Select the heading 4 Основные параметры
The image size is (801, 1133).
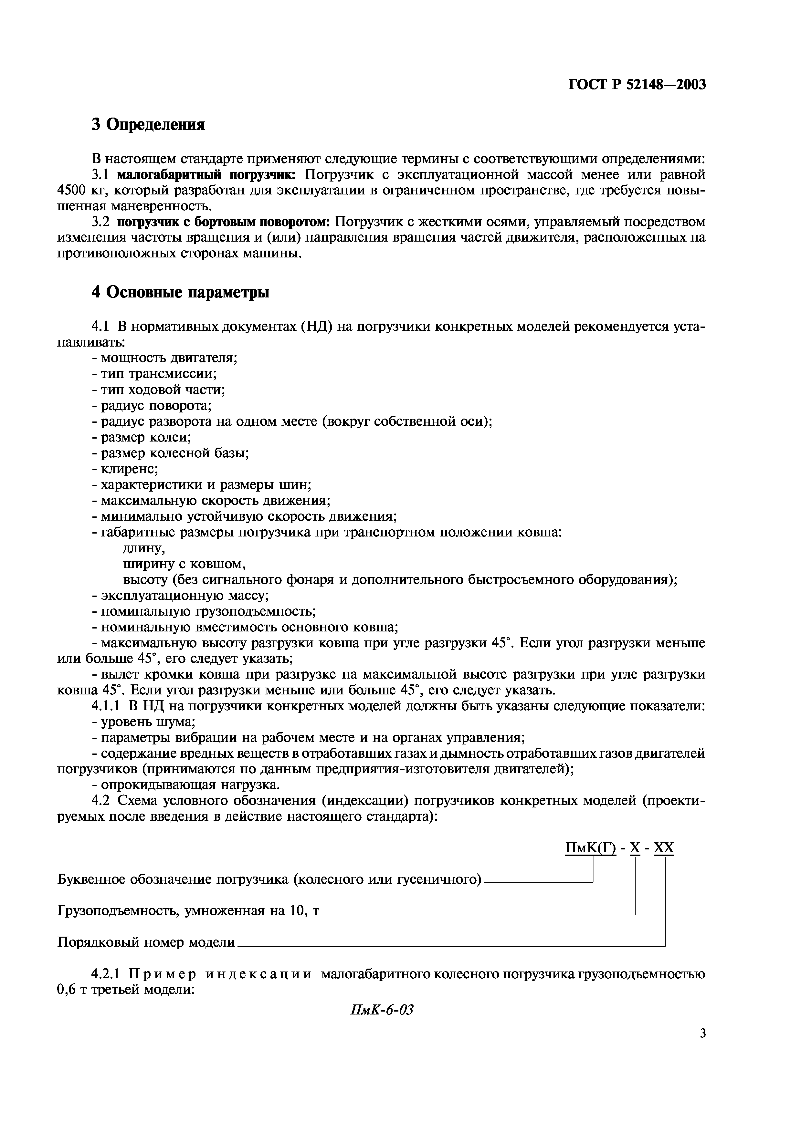tap(180, 292)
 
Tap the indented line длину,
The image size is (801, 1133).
tap(143, 548)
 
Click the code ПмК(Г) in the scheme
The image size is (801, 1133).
tap(590, 848)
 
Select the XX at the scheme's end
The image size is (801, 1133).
tap(663, 848)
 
